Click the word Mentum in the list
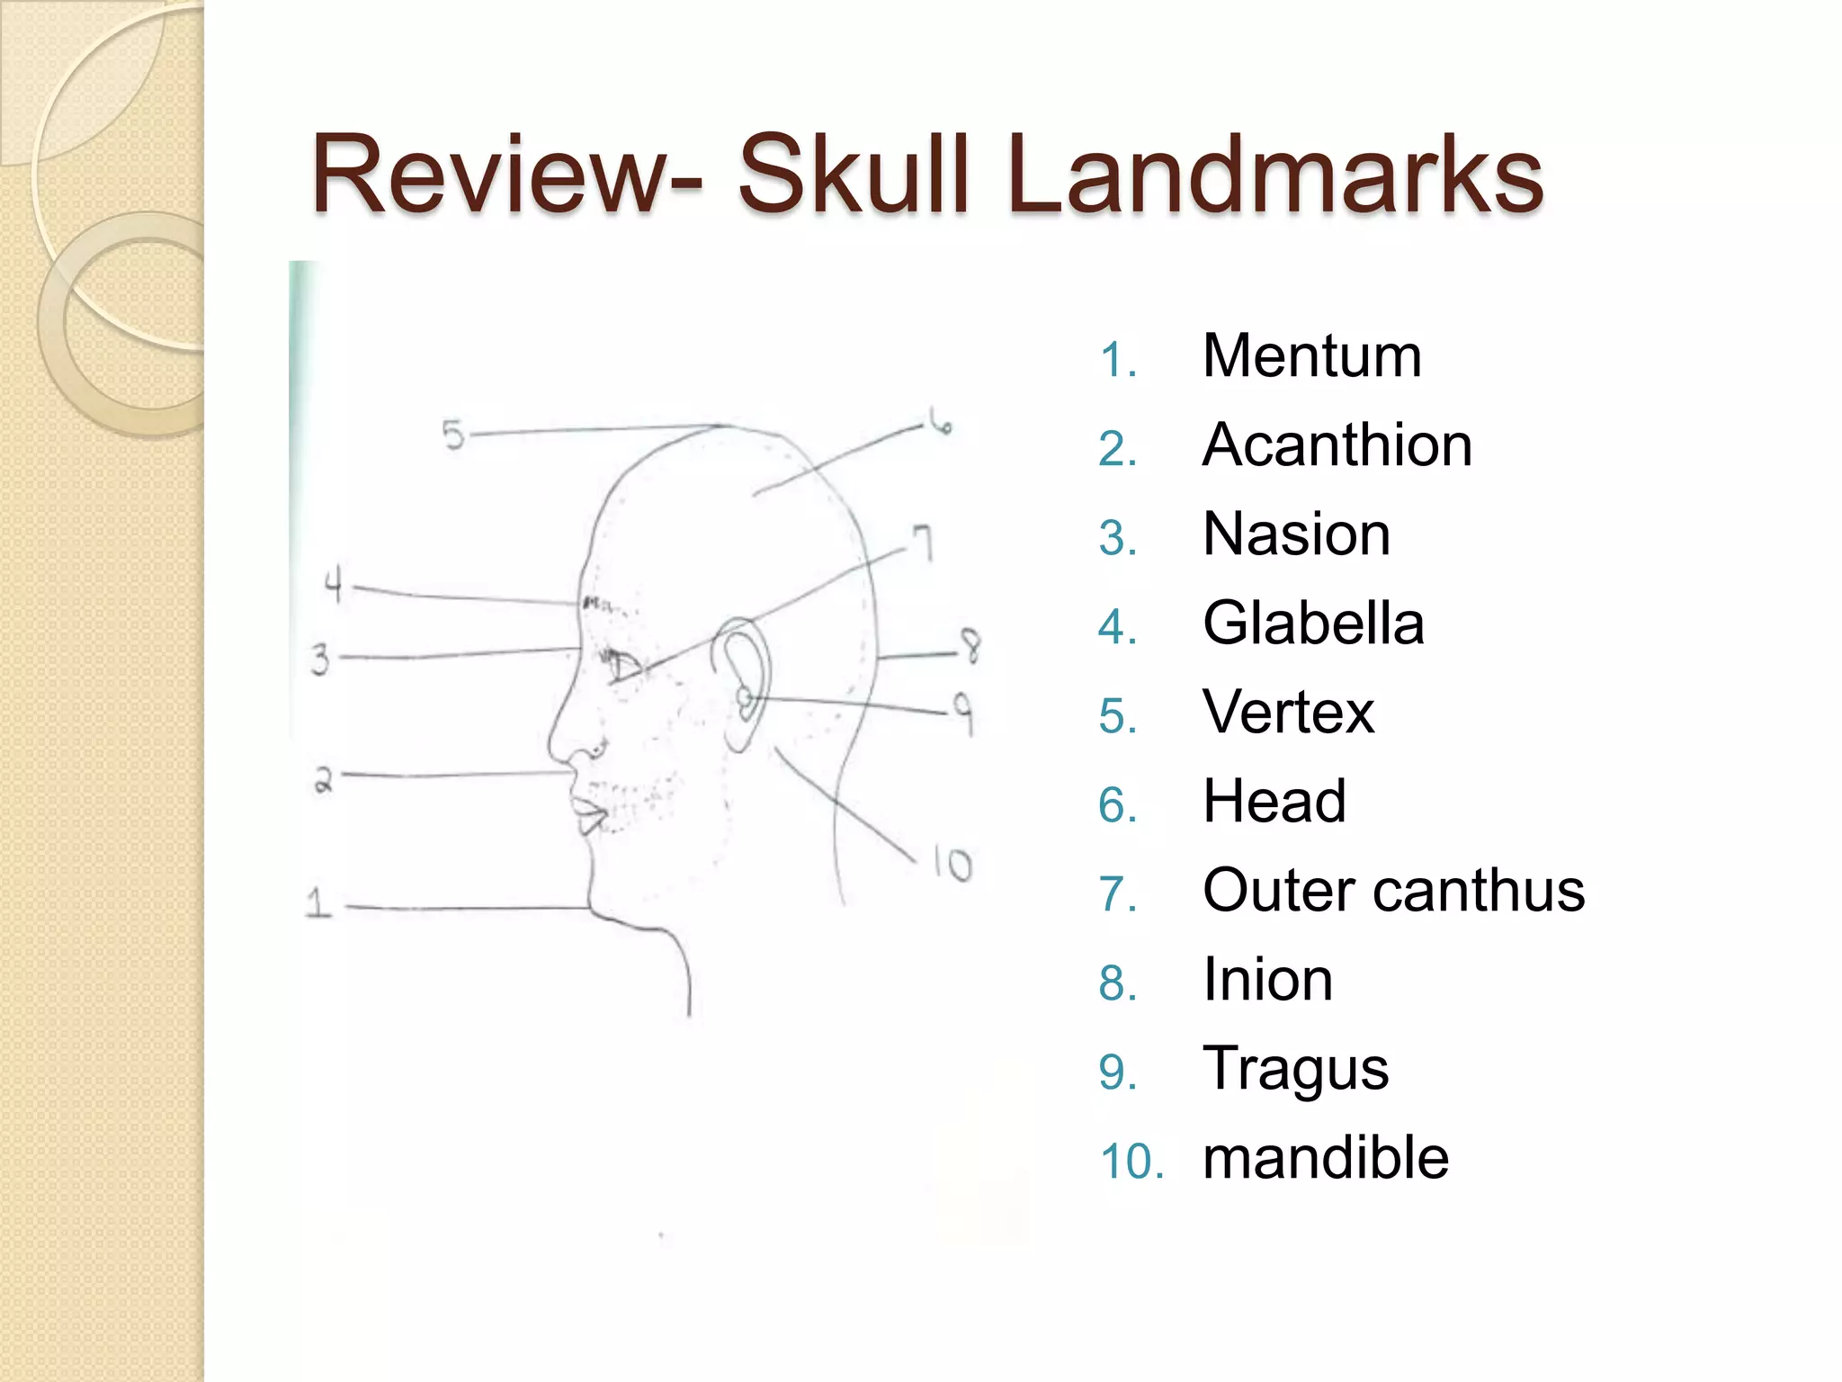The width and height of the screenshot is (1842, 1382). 1311,356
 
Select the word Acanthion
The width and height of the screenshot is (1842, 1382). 1337,445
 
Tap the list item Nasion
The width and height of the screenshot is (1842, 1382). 1296,534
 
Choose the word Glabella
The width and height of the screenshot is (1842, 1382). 1313,623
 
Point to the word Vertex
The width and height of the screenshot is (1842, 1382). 1288,712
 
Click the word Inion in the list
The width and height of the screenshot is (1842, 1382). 1267,979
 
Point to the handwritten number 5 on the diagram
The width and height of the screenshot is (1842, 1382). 453,435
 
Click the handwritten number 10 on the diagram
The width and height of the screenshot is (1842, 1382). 952,864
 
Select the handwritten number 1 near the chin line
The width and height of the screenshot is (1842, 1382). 317,902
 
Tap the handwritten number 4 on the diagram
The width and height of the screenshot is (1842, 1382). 334,585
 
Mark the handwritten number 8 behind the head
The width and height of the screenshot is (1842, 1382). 970,646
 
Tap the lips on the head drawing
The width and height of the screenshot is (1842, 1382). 589,813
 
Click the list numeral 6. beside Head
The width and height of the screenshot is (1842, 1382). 1117,804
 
